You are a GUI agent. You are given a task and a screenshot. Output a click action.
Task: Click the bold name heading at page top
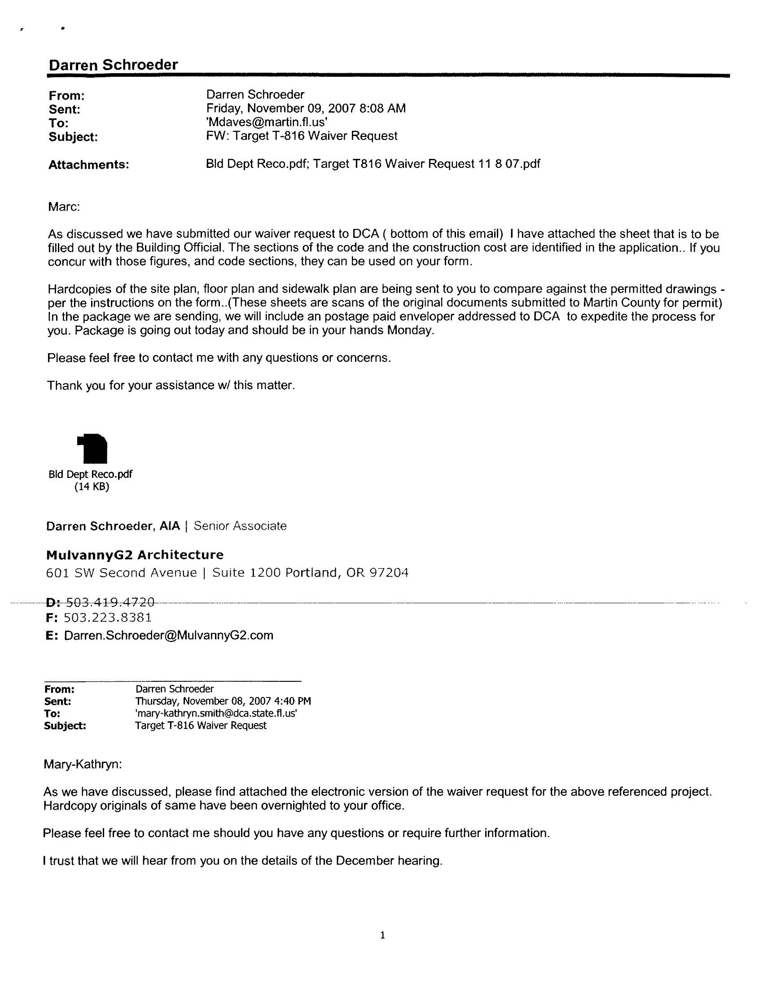[113, 65]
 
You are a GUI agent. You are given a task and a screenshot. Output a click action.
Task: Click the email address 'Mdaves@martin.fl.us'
[267, 122]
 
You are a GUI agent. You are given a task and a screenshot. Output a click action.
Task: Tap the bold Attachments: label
[88, 164]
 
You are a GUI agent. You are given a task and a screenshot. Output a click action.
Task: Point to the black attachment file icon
[92, 448]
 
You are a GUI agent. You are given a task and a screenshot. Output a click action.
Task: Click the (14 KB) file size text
[92, 486]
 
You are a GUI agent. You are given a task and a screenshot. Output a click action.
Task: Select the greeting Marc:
[64, 207]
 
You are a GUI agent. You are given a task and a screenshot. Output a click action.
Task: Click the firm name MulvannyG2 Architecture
[135, 554]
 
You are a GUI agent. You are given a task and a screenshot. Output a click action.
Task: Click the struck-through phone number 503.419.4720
[110, 602]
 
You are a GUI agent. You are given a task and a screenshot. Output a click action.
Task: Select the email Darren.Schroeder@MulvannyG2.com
[169, 635]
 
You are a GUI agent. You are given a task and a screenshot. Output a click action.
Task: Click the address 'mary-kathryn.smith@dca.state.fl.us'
[216, 713]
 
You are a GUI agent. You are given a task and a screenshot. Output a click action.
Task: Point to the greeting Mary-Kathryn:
[82, 764]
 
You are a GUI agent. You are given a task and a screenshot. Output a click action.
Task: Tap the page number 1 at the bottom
[382, 935]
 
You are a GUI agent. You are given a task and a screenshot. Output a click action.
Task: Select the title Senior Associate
[240, 526]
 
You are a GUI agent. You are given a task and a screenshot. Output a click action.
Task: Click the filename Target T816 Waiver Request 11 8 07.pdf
[427, 163]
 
